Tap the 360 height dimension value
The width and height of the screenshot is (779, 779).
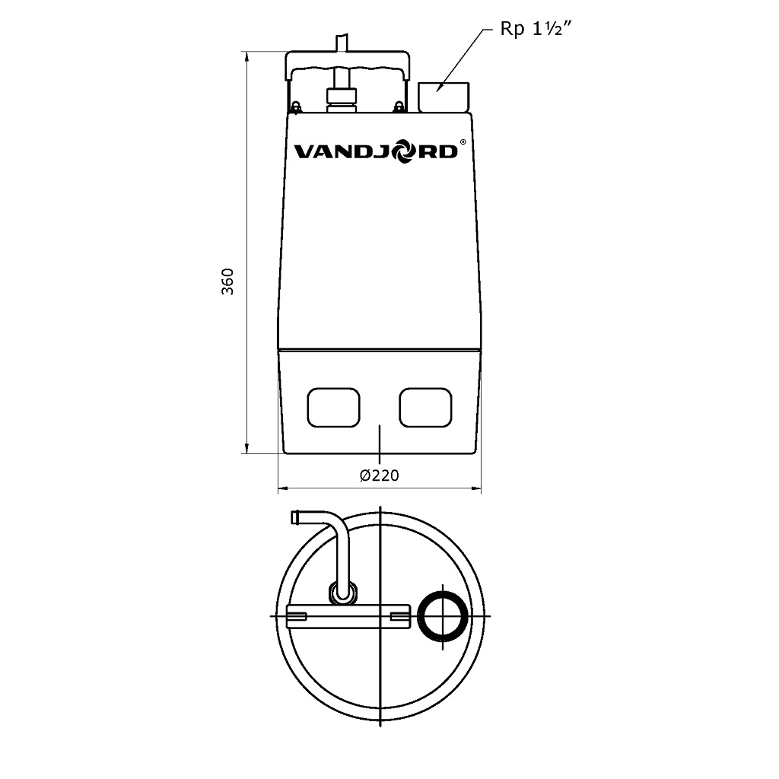click(x=227, y=281)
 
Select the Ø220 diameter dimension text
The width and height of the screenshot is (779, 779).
click(x=380, y=475)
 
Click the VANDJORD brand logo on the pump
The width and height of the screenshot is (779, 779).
click(x=376, y=151)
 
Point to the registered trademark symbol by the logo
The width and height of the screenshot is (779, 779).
click(x=463, y=141)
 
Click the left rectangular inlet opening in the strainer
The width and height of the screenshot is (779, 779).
click(x=333, y=408)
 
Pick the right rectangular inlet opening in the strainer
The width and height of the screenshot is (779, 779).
click(x=426, y=408)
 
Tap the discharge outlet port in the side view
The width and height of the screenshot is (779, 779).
click(x=444, y=97)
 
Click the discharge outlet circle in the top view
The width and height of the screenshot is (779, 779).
click(x=444, y=616)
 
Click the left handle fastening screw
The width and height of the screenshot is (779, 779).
click(x=297, y=107)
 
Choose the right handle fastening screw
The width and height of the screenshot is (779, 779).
click(x=399, y=107)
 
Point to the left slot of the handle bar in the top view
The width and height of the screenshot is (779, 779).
click(x=297, y=616)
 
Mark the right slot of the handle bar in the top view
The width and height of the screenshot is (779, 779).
click(x=400, y=616)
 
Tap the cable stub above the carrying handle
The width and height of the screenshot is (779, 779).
click(x=342, y=42)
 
